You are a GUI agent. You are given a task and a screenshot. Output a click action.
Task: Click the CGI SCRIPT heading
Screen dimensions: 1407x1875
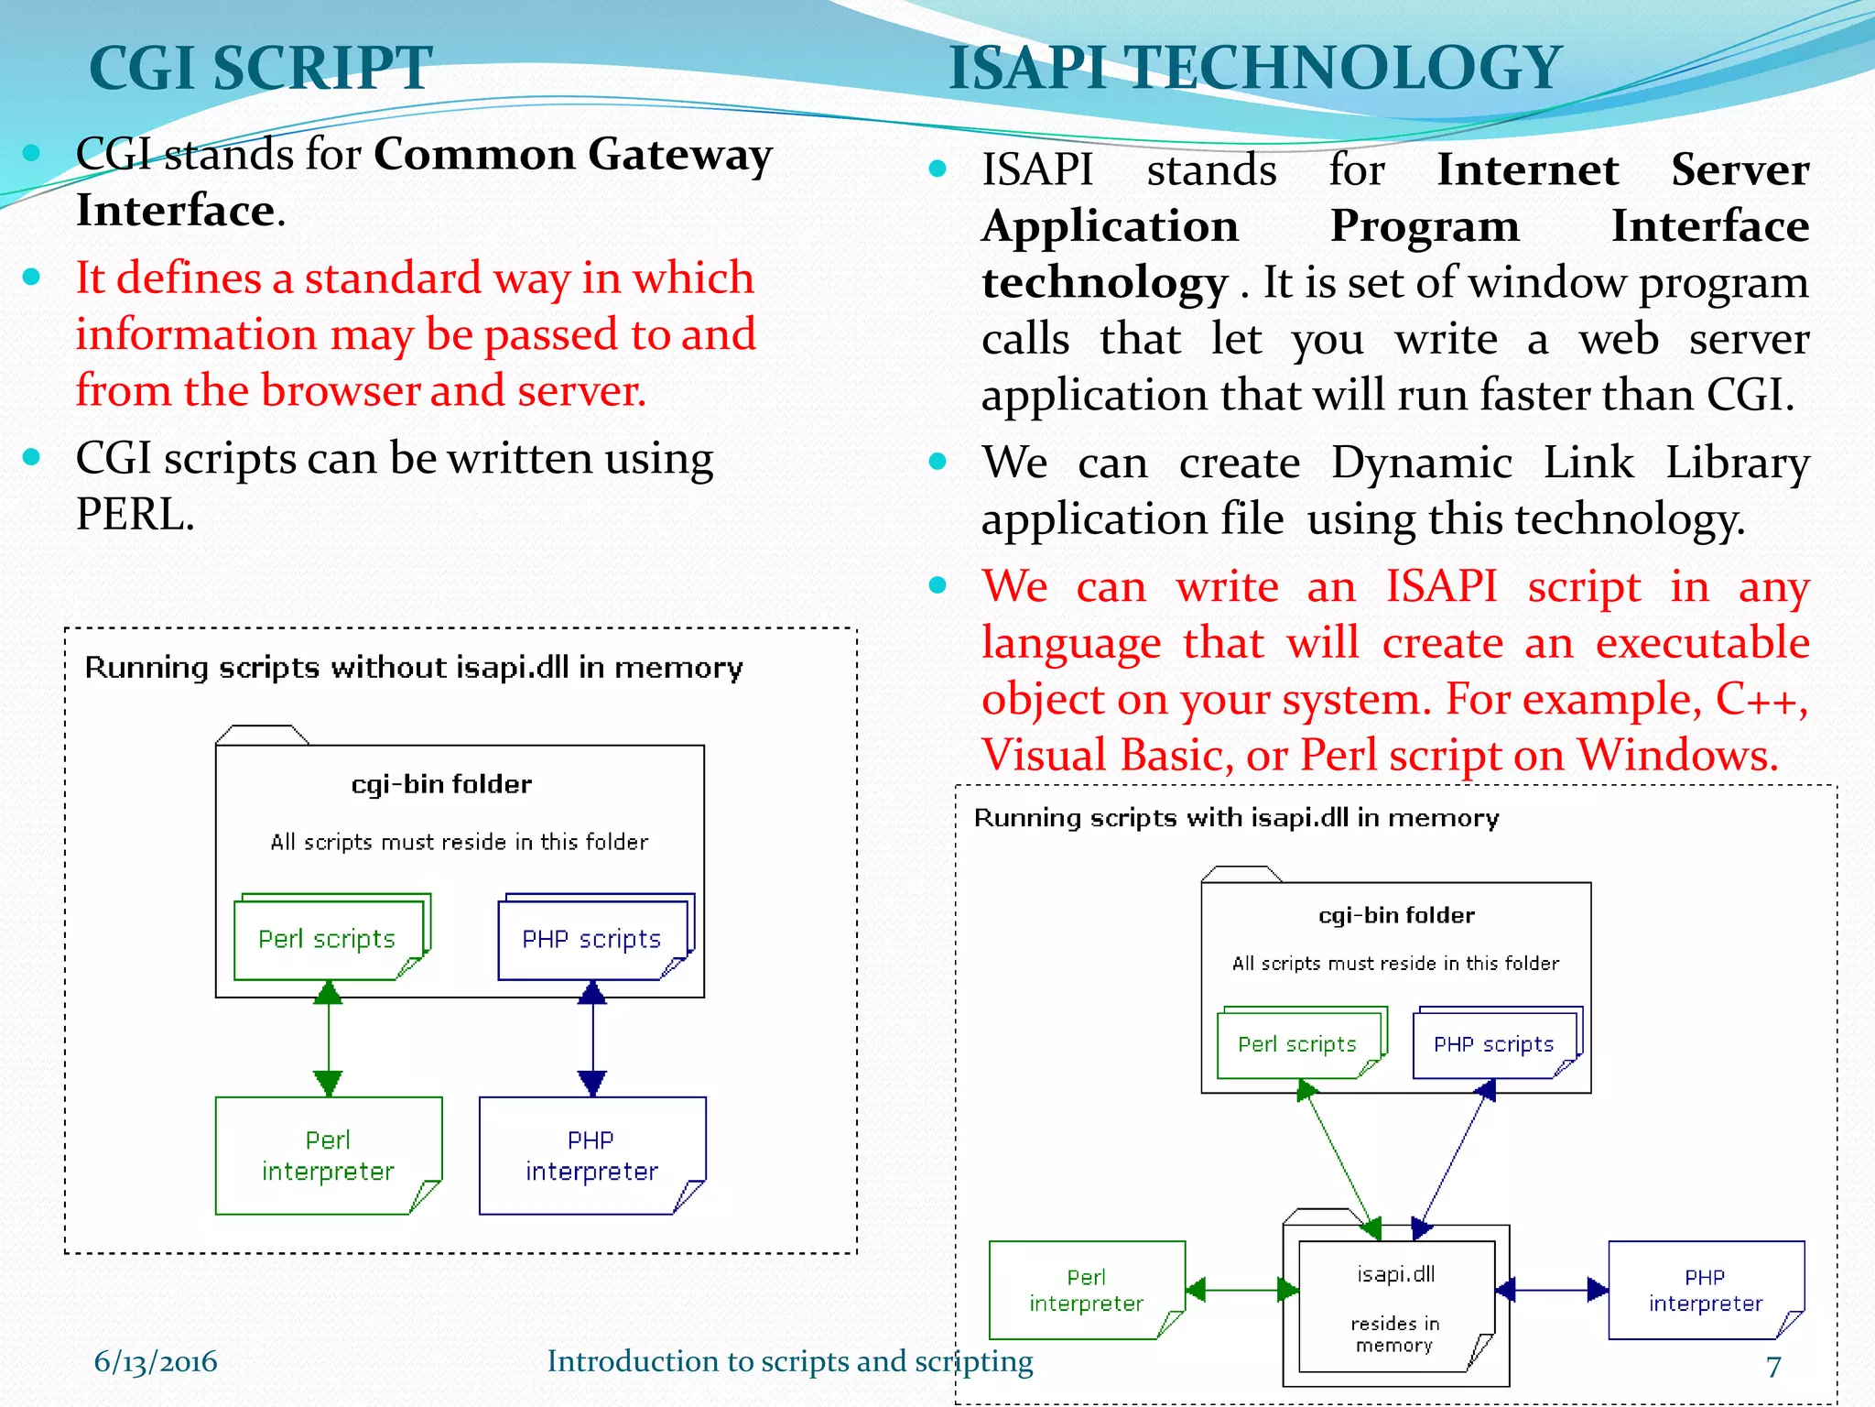coord(260,68)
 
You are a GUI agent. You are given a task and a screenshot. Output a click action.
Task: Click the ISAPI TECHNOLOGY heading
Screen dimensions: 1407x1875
coord(1254,68)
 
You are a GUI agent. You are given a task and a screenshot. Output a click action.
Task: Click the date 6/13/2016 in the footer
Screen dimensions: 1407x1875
coord(156,1361)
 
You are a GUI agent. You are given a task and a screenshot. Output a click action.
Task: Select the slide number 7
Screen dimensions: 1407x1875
coord(1773,1366)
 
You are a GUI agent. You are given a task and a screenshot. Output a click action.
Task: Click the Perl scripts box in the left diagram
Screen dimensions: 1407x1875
coord(328,939)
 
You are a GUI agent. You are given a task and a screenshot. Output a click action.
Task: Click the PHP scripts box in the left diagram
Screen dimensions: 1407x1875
coord(591,939)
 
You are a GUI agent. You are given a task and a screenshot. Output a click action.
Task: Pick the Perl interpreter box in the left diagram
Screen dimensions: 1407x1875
coord(328,1155)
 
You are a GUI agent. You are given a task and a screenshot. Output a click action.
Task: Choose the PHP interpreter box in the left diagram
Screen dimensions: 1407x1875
coord(591,1155)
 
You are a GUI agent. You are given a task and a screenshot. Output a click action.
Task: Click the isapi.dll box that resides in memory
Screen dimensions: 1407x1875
coord(1395,1305)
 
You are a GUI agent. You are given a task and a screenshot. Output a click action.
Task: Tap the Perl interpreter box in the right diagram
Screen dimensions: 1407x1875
coord(1086,1290)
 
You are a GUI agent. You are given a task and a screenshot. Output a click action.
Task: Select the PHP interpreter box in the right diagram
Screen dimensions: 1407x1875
coord(1705,1290)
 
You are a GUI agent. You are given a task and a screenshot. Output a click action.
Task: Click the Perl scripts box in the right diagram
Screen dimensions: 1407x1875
coord(1296,1044)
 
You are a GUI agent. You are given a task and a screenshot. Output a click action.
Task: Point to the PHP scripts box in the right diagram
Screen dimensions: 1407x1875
coord(1493,1044)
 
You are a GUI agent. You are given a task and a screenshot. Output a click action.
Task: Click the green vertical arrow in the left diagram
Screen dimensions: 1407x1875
coord(328,1037)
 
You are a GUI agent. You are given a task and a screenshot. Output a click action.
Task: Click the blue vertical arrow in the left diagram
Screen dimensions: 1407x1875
coord(592,1037)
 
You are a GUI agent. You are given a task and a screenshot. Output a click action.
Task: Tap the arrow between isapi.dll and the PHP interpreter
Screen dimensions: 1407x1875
coord(1552,1290)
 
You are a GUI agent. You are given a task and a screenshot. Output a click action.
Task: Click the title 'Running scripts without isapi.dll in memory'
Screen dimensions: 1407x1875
coord(413,668)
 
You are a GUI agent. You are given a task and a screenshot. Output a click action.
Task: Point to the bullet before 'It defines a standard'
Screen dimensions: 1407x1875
coord(32,277)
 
